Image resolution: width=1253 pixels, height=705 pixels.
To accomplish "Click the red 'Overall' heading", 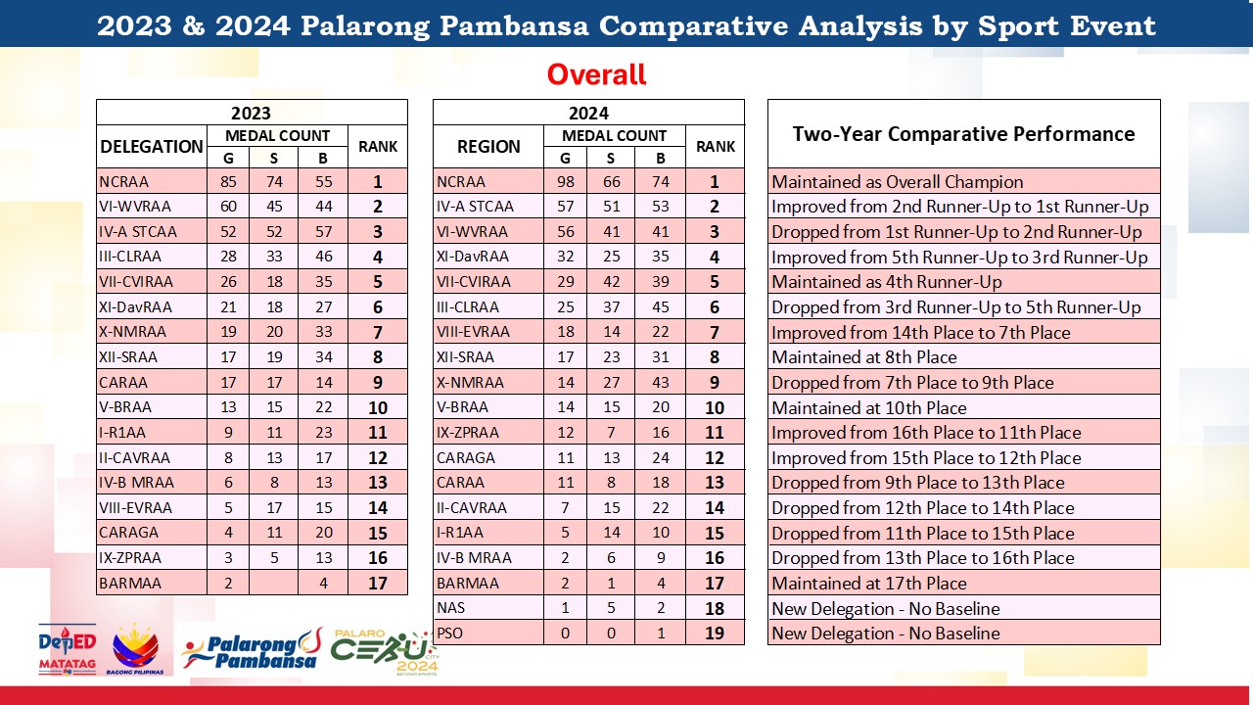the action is [x=596, y=74].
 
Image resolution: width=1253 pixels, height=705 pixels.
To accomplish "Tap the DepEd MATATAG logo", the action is [x=68, y=649].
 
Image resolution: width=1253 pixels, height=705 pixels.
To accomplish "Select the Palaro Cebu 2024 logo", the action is [x=385, y=652].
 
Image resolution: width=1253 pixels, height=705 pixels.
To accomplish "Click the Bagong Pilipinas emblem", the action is [x=135, y=649].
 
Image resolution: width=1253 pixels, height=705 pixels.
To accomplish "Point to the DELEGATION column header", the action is [x=151, y=147].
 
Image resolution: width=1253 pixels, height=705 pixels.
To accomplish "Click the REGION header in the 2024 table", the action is [x=488, y=147].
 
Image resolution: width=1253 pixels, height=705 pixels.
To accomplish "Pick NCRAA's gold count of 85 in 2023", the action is [x=228, y=182].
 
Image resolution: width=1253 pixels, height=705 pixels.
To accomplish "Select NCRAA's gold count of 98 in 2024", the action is [x=566, y=182].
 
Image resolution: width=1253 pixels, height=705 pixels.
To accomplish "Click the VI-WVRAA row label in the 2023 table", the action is [x=135, y=207].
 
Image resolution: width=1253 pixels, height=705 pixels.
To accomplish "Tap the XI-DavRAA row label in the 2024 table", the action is [x=473, y=257].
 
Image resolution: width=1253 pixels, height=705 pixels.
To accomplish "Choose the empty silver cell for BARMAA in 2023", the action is [x=273, y=583].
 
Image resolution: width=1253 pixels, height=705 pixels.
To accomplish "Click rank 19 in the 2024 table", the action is [x=715, y=633].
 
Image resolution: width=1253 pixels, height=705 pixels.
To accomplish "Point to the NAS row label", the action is [x=451, y=608].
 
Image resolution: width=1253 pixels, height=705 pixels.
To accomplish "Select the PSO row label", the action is [x=449, y=633].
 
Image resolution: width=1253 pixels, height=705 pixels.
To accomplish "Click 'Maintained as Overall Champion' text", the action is [x=898, y=182].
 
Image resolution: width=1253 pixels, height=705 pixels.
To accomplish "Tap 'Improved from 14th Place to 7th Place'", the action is [x=921, y=332].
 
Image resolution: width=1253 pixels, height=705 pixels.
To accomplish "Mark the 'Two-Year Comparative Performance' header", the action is [x=964, y=134].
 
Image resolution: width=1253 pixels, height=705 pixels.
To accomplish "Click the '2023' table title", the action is [x=252, y=113].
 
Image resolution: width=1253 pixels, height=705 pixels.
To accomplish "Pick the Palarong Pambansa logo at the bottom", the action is [x=253, y=649].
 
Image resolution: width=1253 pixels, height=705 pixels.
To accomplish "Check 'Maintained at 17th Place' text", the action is [x=869, y=583].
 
